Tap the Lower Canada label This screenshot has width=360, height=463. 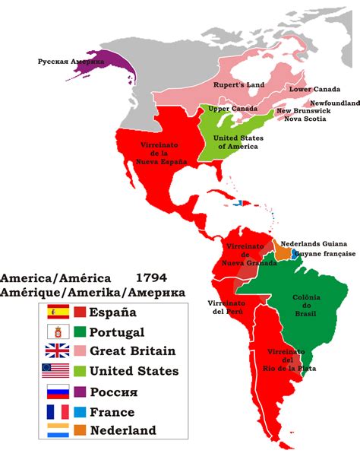[x=309, y=89]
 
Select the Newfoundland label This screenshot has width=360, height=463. [x=332, y=102]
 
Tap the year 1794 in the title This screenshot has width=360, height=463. [x=151, y=278]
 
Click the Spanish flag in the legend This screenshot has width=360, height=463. [x=58, y=312]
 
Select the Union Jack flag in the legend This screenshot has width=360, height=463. [x=58, y=351]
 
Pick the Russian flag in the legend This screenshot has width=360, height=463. [x=58, y=392]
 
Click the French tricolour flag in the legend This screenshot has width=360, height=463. [x=58, y=411]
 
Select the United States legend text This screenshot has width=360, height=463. [x=134, y=372]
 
